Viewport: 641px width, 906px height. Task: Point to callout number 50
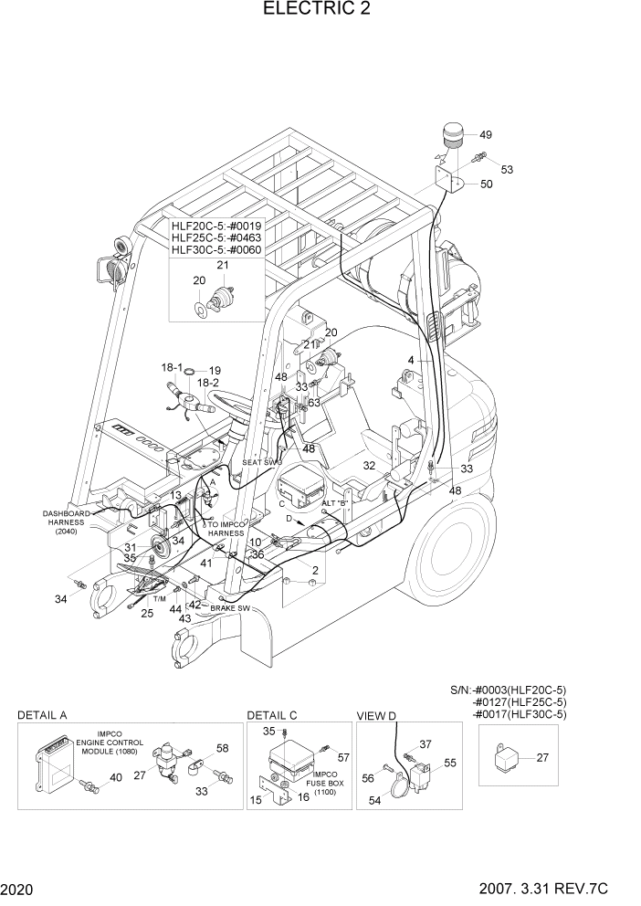486,184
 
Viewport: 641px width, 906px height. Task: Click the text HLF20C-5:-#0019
216,226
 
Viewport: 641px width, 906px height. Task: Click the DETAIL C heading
271,715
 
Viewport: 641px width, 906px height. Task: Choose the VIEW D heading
376,715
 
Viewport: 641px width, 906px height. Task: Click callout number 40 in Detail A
116,777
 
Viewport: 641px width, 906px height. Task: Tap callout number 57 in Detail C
343,758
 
